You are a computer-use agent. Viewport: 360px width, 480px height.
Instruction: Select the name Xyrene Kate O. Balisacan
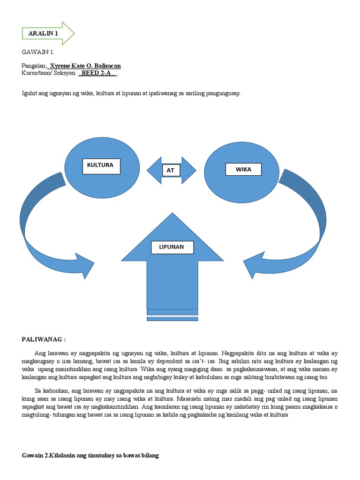click(x=88, y=66)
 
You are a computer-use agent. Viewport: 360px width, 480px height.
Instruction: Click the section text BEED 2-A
click(x=97, y=74)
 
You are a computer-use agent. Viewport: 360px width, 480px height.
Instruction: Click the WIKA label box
click(x=243, y=169)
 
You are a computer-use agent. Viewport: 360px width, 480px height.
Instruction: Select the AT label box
click(x=171, y=170)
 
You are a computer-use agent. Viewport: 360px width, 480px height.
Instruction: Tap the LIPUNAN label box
click(x=172, y=247)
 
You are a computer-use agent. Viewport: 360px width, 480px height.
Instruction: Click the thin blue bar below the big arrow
click(x=172, y=319)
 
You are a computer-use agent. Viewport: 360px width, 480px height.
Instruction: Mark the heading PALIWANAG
click(x=44, y=338)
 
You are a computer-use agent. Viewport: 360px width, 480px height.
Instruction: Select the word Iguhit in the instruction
click(x=30, y=94)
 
